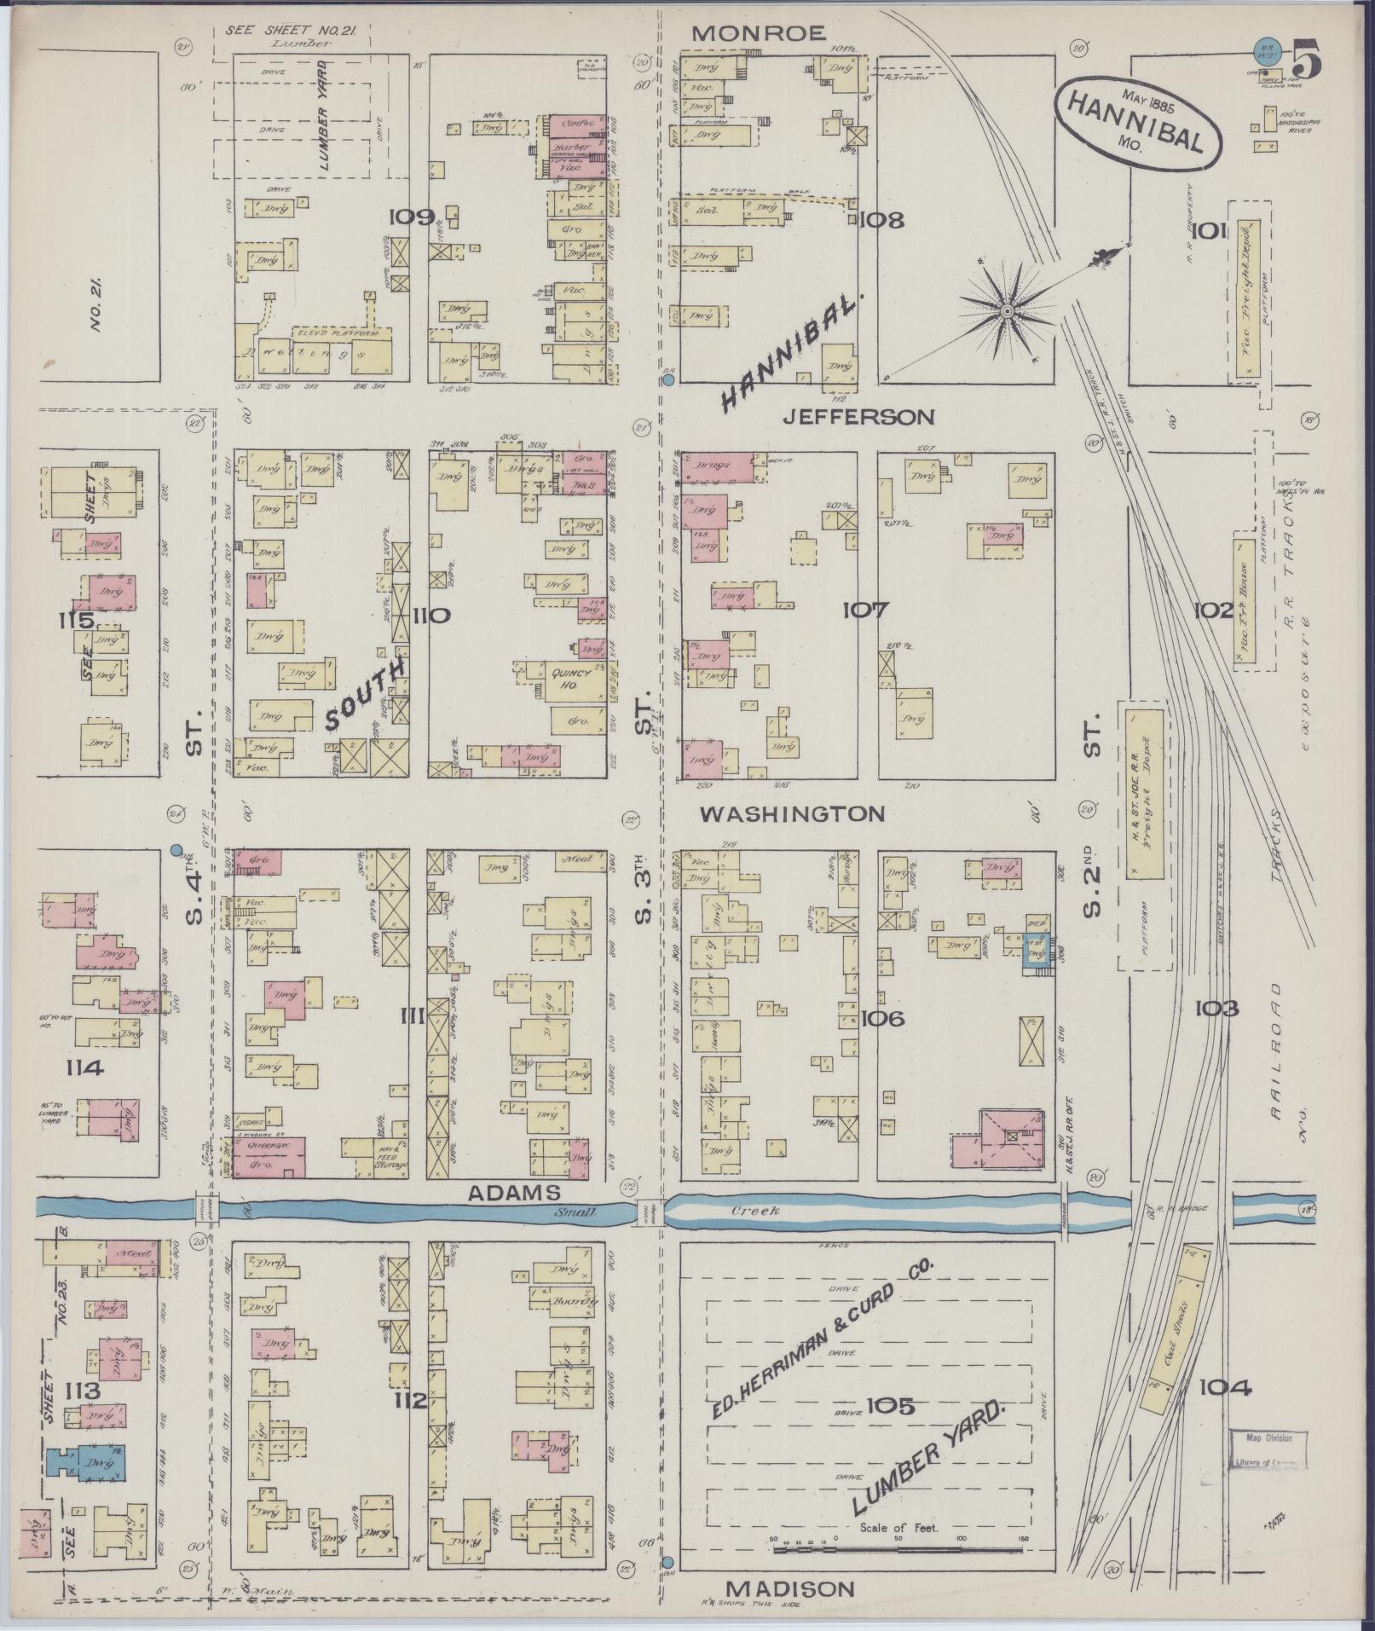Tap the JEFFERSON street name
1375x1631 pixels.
click(859, 417)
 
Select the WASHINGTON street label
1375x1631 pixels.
click(792, 814)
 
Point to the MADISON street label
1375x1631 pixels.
click(790, 1588)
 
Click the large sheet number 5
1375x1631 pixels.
click(1306, 59)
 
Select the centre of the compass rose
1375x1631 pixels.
click(1007, 312)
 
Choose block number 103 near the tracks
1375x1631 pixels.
click(1216, 1009)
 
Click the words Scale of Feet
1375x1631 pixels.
click(898, 1528)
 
